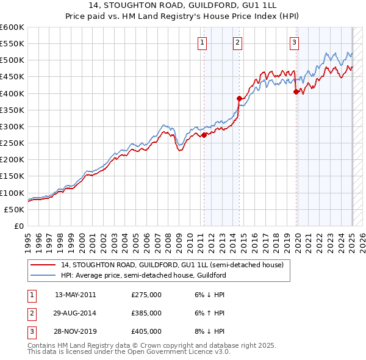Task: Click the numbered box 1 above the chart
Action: point(202,42)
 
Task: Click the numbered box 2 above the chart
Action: point(237,42)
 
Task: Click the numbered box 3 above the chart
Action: point(294,42)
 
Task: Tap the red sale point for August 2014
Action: point(240,98)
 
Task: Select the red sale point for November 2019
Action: point(296,92)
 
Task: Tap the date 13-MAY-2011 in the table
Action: point(76,295)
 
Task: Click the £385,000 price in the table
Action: point(146,313)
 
